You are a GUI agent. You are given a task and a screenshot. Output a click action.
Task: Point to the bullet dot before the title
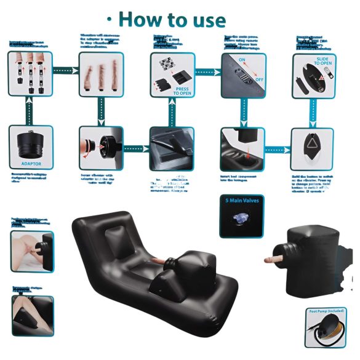pos(109,18)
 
